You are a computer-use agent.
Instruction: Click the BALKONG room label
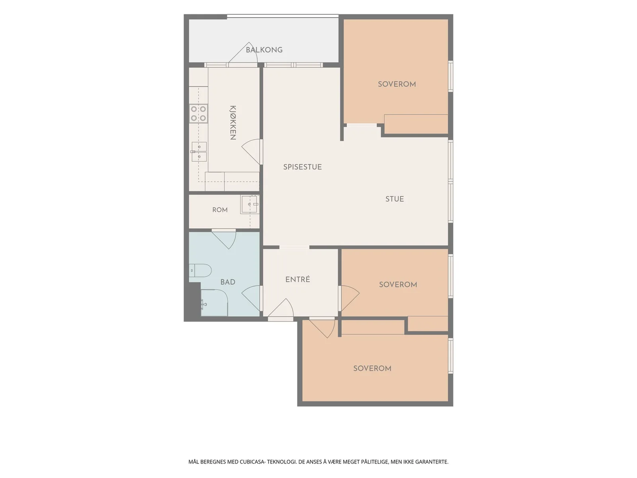click(x=264, y=50)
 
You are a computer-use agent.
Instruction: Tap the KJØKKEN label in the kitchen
click(x=233, y=122)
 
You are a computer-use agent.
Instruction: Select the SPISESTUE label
click(x=303, y=167)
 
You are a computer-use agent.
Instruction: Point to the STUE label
click(x=395, y=199)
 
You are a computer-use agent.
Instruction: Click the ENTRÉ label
click(x=297, y=279)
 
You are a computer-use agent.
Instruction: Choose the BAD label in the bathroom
click(x=227, y=282)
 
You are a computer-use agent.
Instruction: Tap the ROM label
click(x=220, y=210)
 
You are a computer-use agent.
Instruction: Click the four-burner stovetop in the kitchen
click(x=199, y=114)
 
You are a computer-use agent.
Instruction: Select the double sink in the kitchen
click(x=199, y=151)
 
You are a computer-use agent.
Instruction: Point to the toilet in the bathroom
click(x=200, y=270)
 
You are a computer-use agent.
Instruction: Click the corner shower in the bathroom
click(x=214, y=303)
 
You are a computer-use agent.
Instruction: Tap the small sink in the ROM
click(x=250, y=204)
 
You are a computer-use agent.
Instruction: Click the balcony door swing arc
click(x=243, y=53)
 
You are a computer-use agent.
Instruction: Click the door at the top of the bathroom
click(x=224, y=239)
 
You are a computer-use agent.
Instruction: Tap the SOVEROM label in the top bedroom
click(x=397, y=84)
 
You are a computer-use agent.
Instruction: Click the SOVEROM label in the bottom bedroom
click(x=372, y=368)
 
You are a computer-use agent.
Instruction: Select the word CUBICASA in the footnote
click(x=252, y=461)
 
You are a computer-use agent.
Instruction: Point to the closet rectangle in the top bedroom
click(x=416, y=124)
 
